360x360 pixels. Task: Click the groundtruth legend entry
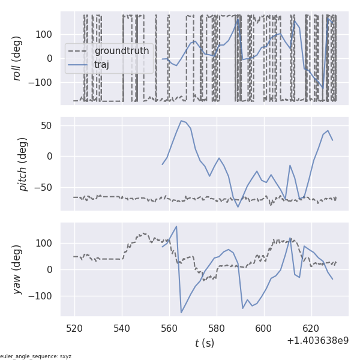coord(121,51)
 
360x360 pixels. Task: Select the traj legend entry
coord(101,65)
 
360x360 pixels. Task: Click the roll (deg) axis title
coord(17,58)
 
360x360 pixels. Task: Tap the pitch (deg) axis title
coord(23,164)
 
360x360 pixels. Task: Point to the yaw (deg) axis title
coord(17,269)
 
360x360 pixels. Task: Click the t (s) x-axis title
coord(204,343)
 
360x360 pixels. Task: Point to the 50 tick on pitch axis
coord(47,125)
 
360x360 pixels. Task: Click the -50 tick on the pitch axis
coord(44,187)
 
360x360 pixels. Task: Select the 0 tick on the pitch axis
coord(50,156)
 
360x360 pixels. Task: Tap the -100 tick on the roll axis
coord(41,82)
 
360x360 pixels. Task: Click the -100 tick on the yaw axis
coord(41,296)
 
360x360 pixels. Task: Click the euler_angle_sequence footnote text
coord(36,356)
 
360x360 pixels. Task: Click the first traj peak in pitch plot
coord(181,121)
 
